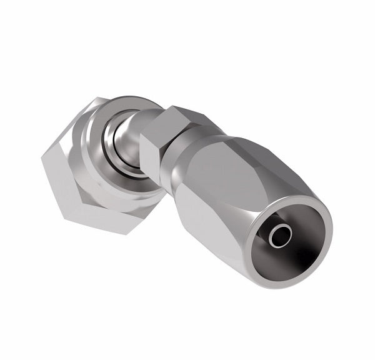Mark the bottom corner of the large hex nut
pyautogui.click(x=129, y=233)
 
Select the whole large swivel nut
pyautogui.click(x=100, y=162)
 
